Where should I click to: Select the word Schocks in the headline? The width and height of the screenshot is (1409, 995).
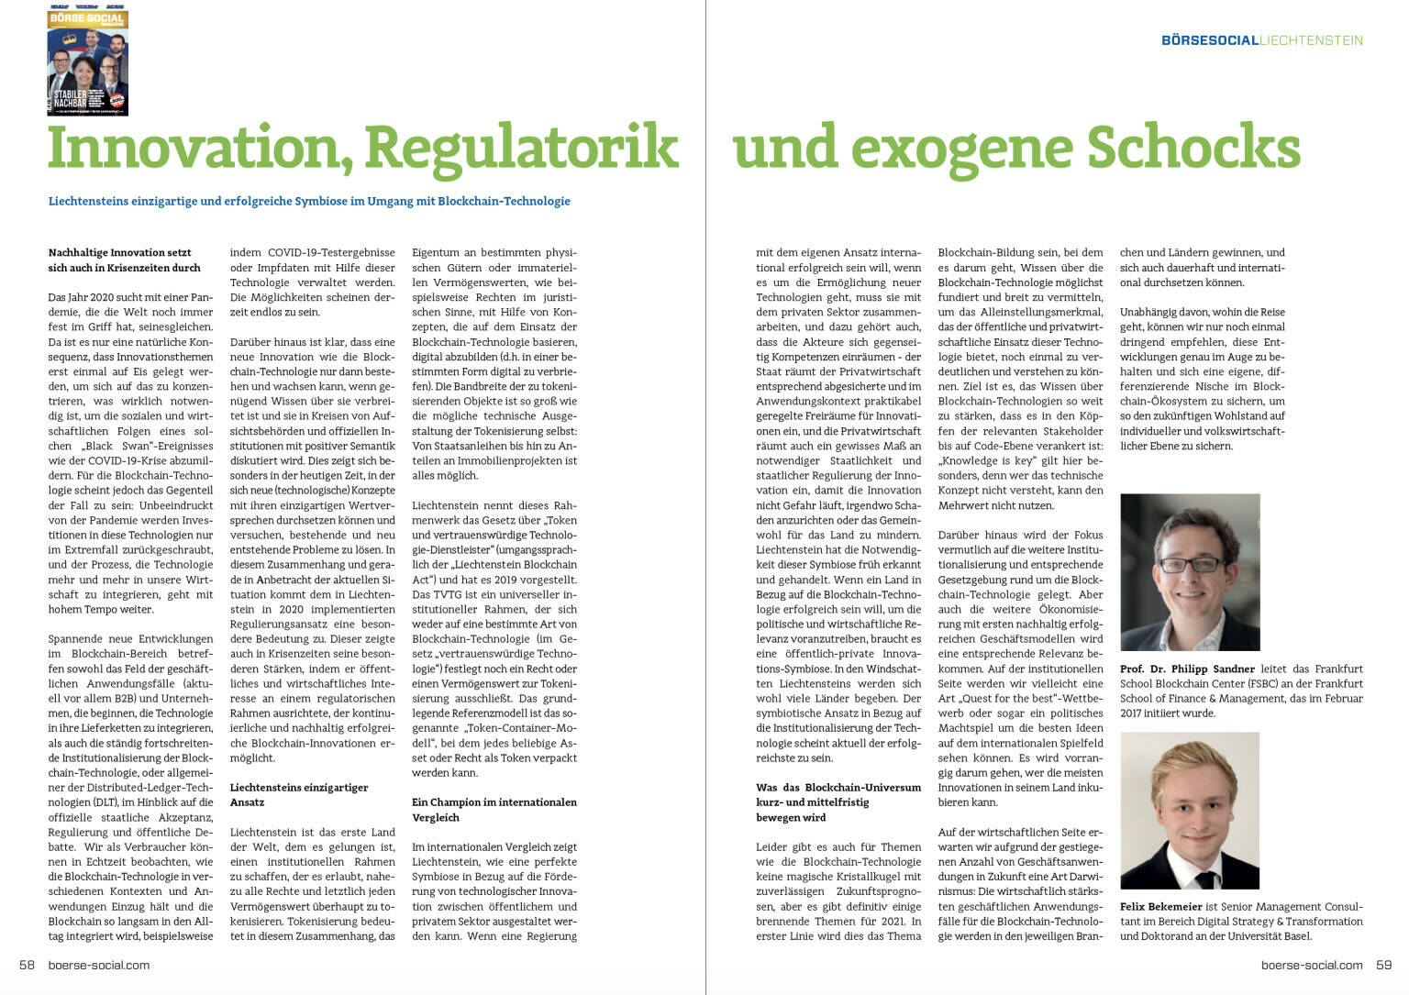click(x=1193, y=147)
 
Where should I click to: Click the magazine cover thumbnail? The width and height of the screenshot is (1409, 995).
click(x=88, y=61)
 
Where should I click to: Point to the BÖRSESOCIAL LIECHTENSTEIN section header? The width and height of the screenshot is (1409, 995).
click(x=1261, y=40)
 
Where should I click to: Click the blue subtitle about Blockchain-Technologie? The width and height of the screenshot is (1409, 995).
click(x=309, y=201)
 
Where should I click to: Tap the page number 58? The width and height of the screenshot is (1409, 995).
click(x=27, y=965)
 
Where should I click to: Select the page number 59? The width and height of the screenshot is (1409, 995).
click(x=1383, y=965)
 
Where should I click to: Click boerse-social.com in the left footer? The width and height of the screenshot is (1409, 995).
click(x=98, y=965)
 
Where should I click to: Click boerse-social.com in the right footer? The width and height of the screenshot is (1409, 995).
click(x=1312, y=965)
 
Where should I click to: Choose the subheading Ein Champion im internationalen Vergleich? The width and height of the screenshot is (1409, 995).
click(x=494, y=809)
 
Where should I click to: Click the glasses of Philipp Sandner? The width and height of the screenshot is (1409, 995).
click(x=1188, y=563)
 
